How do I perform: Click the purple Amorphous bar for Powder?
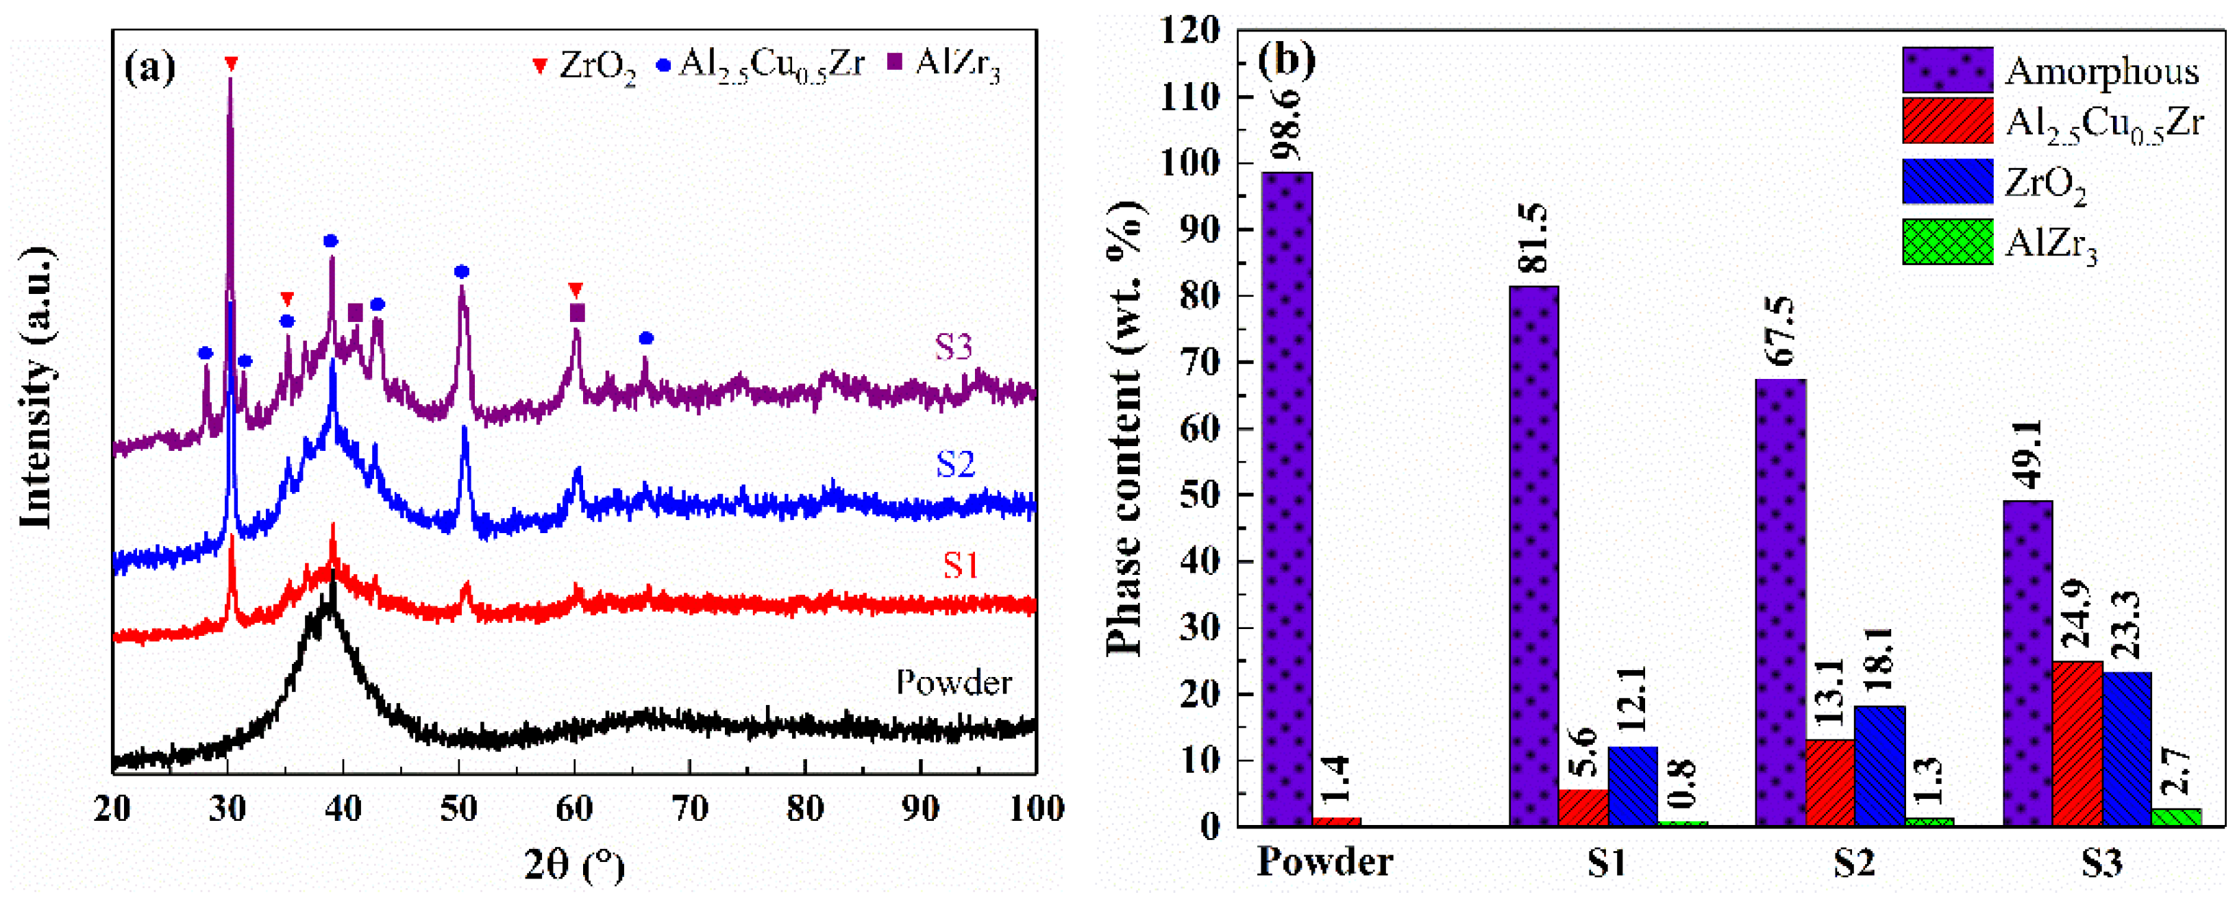pos(1287,499)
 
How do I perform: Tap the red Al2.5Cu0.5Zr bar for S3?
pos(2077,743)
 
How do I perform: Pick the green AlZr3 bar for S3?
pos(2177,817)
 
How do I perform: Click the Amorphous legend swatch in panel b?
pos(1947,71)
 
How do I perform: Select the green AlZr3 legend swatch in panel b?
pos(1947,241)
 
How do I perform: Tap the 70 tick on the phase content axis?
pos(1202,362)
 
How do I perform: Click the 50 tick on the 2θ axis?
pos(458,809)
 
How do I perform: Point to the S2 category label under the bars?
pos(1854,863)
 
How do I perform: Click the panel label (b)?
pos(1287,59)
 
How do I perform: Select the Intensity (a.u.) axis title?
pos(36,386)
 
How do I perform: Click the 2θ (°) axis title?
pos(573,866)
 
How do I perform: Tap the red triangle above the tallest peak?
pos(230,63)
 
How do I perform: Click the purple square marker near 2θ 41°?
pos(355,312)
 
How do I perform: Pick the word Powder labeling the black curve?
pos(954,684)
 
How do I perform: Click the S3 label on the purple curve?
pos(954,347)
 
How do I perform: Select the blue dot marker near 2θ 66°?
pos(645,338)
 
